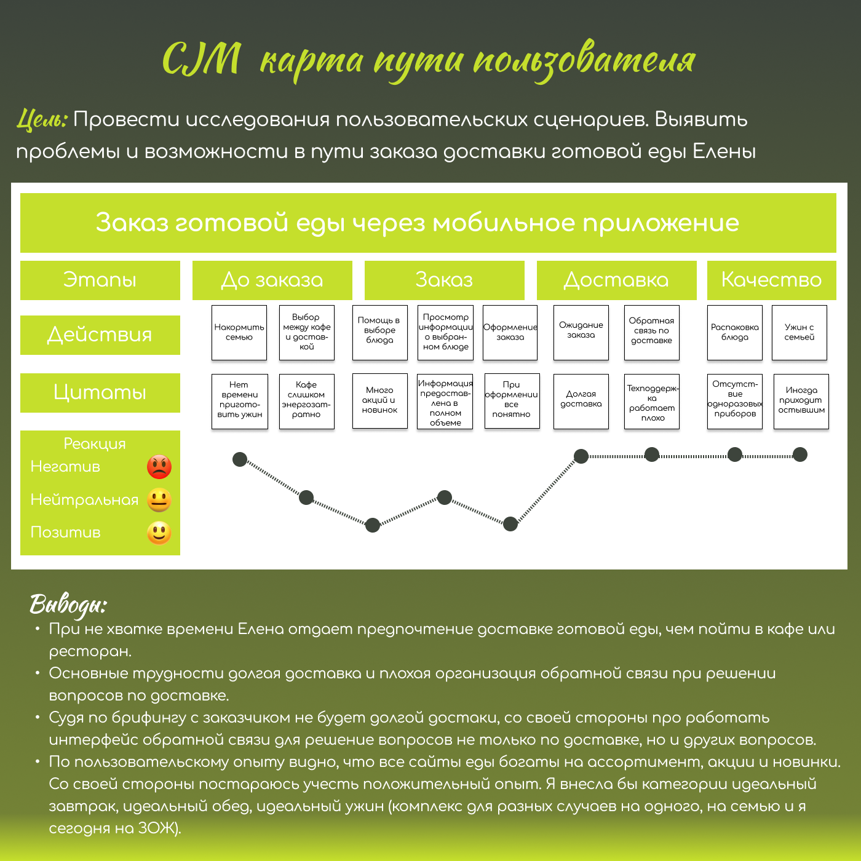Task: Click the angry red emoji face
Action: tap(159, 467)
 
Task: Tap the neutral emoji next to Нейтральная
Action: tap(159, 500)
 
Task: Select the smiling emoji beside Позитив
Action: tap(159, 533)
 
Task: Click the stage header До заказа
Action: tap(272, 280)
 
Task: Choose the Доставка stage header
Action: tap(616, 280)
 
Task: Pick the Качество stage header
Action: tap(771, 280)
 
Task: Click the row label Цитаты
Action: tap(100, 392)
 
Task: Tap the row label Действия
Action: tap(100, 335)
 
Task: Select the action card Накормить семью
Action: tap(239, 333)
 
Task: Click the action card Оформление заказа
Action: tap(510, 333)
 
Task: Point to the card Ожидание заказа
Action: tap(581, 333)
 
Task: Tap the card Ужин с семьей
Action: tap(799, 333)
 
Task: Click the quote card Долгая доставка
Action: tap(581, 401)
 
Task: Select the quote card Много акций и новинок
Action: tap(379, 401)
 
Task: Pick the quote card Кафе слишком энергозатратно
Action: tap(306, 401)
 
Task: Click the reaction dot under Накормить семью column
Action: tap(240, 459)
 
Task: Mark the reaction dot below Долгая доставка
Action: tap(581, 456)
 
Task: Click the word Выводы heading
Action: tap(68, 605)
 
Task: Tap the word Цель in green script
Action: tap(42, 119)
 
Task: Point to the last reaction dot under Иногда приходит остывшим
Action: tap(800, 454)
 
